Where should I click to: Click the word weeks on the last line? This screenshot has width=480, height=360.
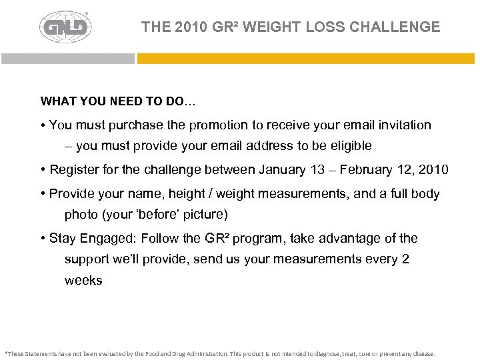[x=83, y=281]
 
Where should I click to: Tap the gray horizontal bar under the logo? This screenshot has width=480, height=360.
[x=67, y=59]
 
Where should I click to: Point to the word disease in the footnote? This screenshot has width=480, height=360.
[x=423, y=354]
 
